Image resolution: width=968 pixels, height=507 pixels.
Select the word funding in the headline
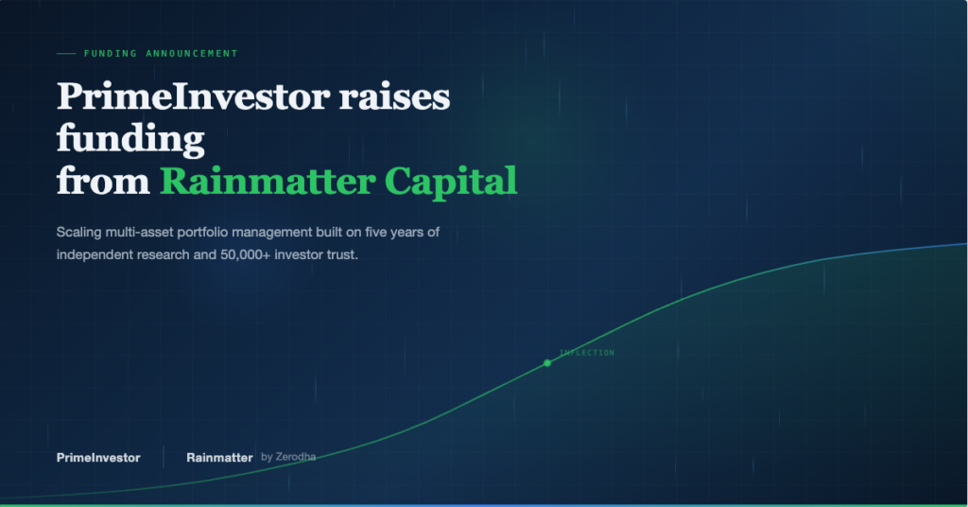(x=130, y=139)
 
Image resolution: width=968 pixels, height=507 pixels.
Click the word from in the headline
(x=102, y=180)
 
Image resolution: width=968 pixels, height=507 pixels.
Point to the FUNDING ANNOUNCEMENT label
(x=161, y=54)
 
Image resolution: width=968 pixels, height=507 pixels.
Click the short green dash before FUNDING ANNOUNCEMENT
(x=66, y=54)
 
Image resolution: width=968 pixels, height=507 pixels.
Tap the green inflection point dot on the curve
(x=546, y=362)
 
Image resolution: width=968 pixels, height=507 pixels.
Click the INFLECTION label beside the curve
(x=587, y=353)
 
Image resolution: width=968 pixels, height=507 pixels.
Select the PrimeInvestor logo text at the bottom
(x=98, y=458)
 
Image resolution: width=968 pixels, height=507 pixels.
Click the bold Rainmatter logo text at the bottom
(x=219, y=458)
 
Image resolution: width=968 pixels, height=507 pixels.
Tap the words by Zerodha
(x=288, y=457)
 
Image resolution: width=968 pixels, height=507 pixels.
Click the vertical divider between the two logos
(x=164, y=458)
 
